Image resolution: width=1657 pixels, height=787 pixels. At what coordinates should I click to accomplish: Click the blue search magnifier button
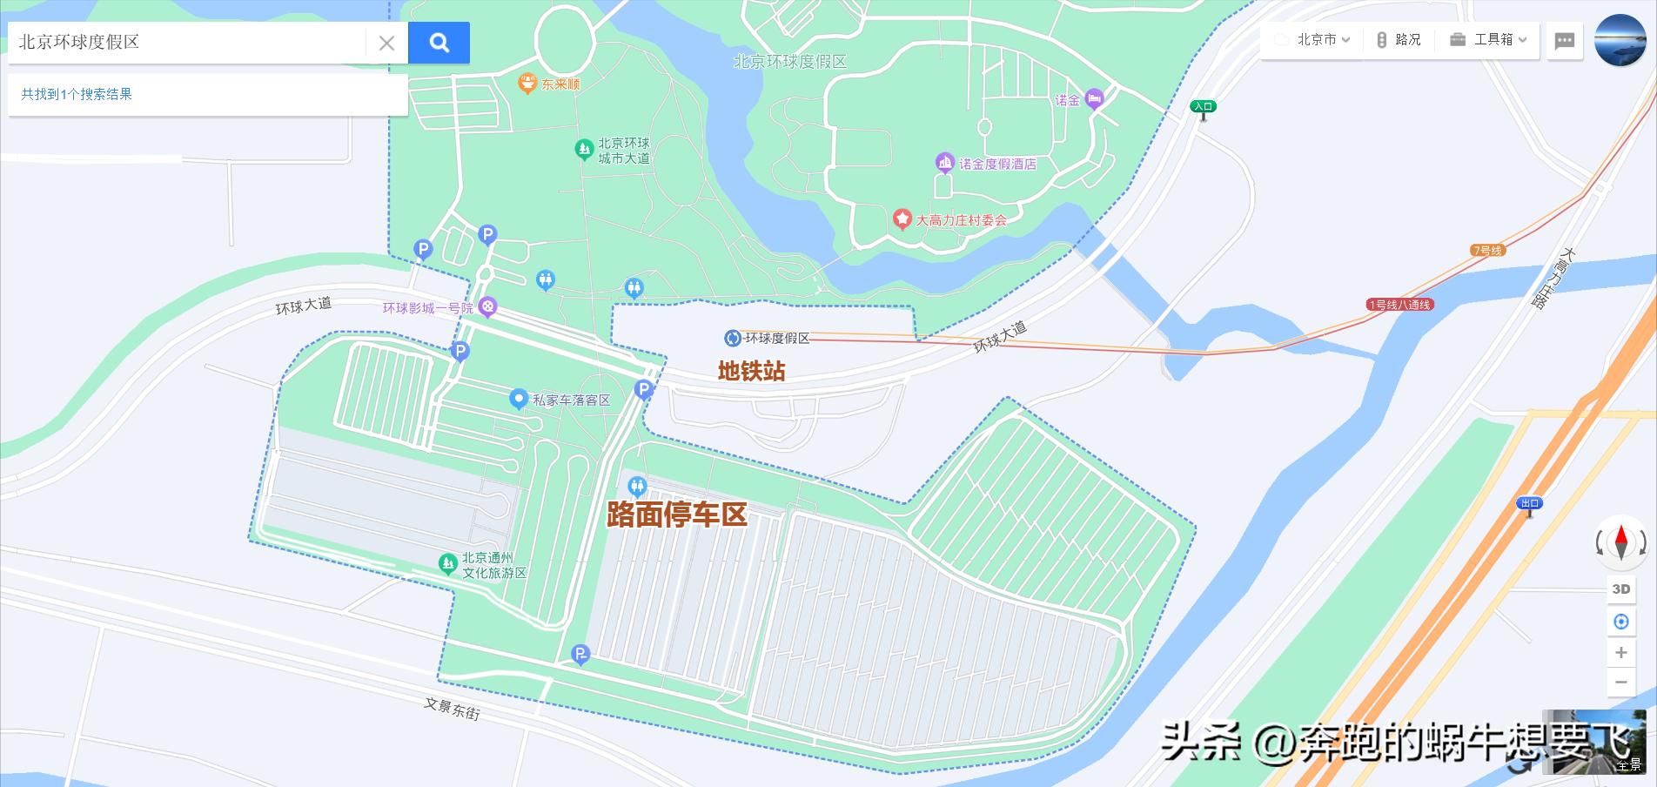coord(439,43)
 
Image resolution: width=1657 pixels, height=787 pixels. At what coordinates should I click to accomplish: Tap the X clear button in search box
coord(386,43)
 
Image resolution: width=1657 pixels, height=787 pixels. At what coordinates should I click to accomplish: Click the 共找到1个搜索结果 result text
coord(77,94)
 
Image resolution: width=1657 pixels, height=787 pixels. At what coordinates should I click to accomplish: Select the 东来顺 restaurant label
coord(559,84)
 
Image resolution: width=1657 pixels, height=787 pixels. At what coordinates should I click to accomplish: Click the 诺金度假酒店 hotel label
coord(997,164)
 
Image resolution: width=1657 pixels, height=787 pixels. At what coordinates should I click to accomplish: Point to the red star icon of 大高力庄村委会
coord(902,219)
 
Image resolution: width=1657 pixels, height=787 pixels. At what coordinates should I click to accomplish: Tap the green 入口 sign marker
coord(1203,107)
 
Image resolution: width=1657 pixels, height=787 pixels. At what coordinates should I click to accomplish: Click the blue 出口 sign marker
coord(1529,503)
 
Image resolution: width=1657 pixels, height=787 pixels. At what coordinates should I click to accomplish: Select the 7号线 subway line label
coord(1487,251)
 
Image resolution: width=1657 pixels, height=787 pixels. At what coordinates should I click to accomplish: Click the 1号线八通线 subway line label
coord(1399,305)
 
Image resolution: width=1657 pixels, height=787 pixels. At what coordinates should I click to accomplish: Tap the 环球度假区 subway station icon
coord(733,338)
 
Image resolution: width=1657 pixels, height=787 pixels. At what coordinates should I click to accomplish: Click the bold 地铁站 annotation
coord(751,371)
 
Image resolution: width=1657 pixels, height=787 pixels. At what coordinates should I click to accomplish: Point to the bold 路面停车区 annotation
coord(677,515)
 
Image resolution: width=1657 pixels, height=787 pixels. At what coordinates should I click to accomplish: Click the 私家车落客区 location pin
coord(519,400)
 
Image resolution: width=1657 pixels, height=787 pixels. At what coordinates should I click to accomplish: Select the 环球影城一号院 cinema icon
coord(489,306)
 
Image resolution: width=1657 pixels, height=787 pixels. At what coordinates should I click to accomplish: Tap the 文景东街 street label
coord(452,708)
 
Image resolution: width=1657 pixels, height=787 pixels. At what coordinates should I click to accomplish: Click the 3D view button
coord(1620,589)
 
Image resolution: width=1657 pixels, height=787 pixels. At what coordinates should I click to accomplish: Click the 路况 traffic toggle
coord(1399,40)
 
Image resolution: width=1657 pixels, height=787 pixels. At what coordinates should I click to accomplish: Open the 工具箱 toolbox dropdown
coord(1488,40)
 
